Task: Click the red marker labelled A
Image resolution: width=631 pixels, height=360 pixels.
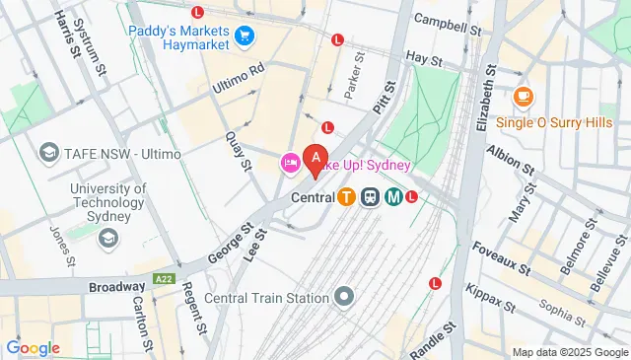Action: click(x=315, y=158)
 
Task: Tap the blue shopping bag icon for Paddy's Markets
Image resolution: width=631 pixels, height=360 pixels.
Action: click(x=245, y=38)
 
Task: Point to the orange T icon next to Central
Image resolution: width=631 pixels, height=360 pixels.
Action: click(x=346, y=196)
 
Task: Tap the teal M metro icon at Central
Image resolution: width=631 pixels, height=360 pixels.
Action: click(x=393, y=196)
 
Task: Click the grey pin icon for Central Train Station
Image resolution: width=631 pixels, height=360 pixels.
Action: click(x=344, y=295)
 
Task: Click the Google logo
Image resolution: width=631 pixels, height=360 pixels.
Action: click(x=33, y=348)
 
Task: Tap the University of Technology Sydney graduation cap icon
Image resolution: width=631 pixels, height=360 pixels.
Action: click(x=107, y=238)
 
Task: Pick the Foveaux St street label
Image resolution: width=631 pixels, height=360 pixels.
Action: click(x=502, y=257)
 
